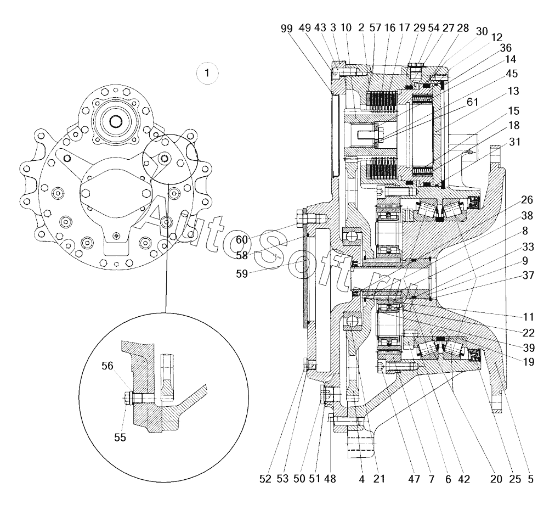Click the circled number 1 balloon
(207, 74)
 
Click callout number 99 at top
(287, 29)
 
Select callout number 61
(472, 102)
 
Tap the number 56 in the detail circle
(107, 366)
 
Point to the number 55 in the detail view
(120, 438)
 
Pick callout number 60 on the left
(242, 240)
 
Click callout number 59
(242, 273)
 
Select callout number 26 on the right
(526, 200)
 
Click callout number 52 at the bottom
(265, 479)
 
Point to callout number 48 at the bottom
(330, 479)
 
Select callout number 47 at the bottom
(414, 479)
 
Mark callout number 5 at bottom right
(530, 479)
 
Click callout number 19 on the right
(528, 362)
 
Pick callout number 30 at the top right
(482, 32)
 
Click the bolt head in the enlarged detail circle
(127, 399)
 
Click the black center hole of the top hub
(115, 121)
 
